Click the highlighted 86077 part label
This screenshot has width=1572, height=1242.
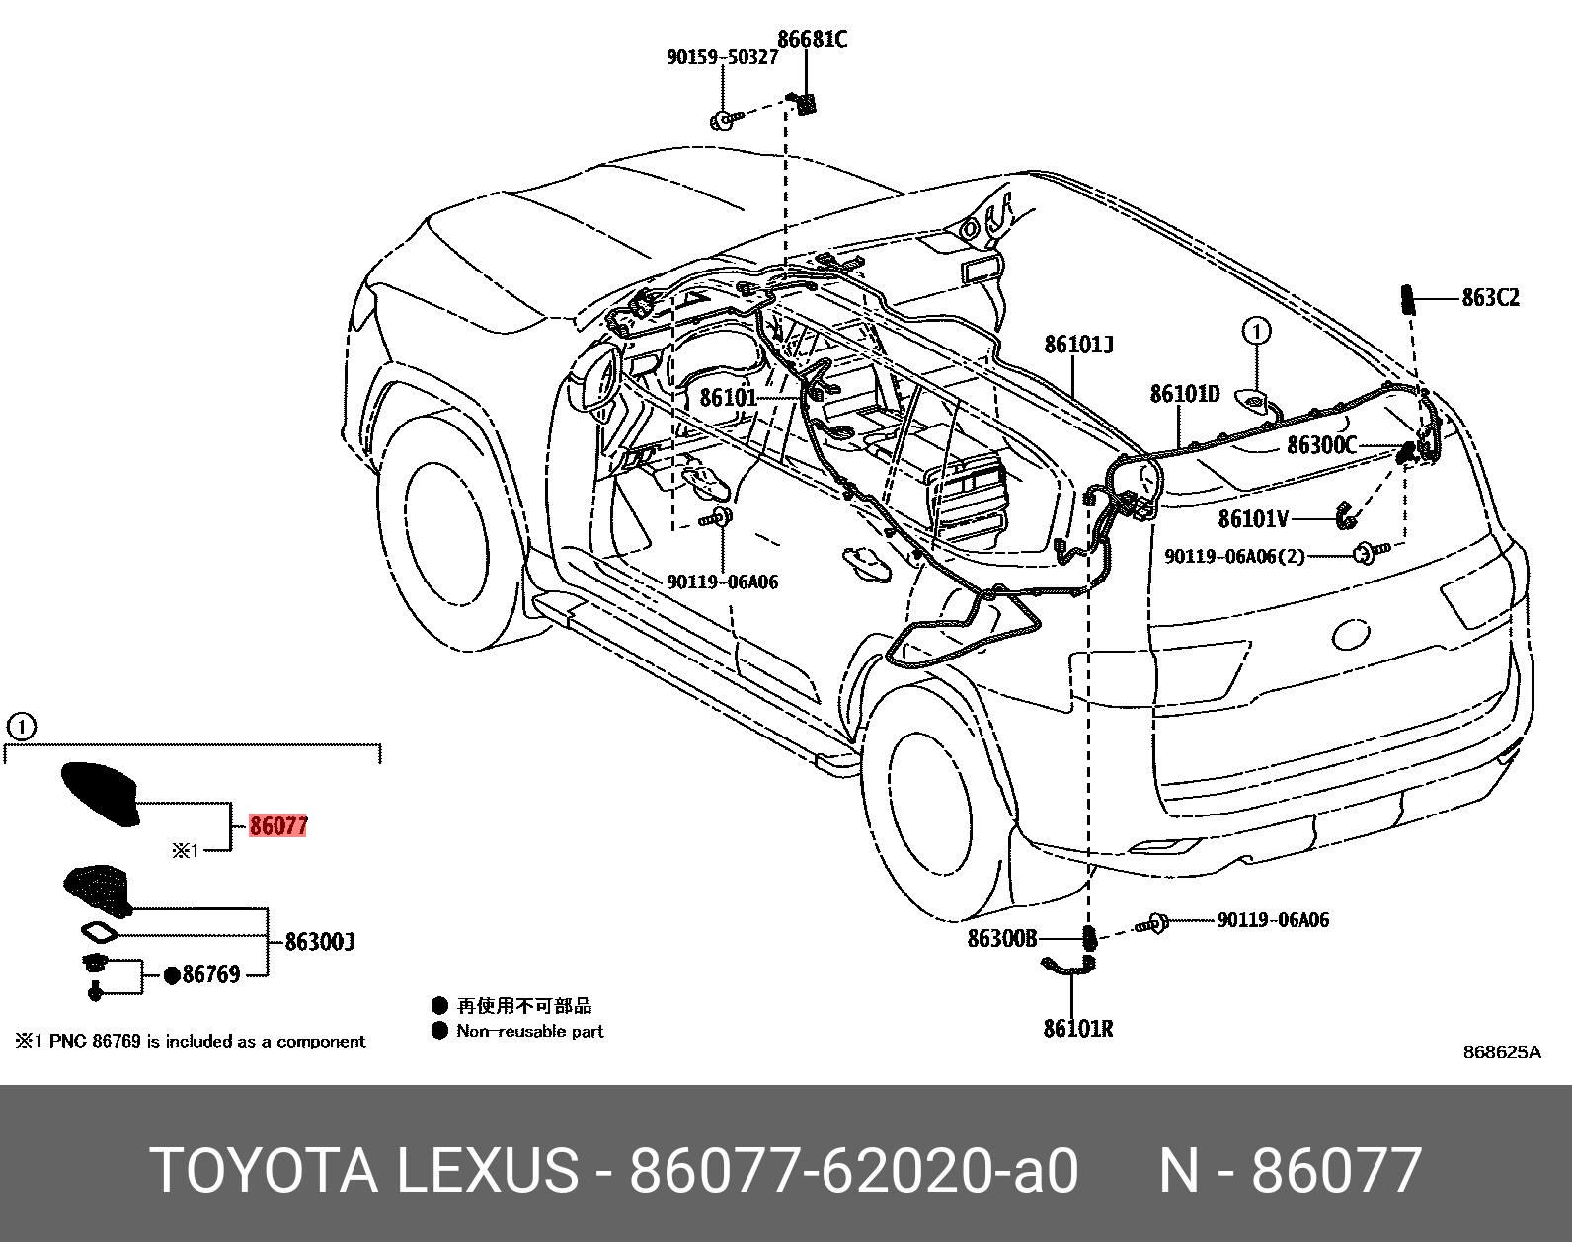click(x=278, y=825)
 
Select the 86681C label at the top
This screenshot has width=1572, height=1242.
click(x=812, y=39)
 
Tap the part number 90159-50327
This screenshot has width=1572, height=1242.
click(x=722, y=57)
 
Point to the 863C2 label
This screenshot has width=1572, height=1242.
click(x=1490, y=297)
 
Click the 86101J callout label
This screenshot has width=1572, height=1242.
click(x=1078, y=345)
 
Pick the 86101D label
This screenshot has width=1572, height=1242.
click(x=1184, y=394)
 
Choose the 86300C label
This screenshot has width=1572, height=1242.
click(x=1321, y=445)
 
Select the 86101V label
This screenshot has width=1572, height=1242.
click(x=1252, y=518)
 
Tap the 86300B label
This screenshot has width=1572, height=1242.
click(x=1001, y=938)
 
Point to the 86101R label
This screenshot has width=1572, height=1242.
click(x=1077, y=1028)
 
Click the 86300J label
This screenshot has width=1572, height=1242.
click(x=319, y=942)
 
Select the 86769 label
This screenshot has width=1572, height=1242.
click(x=210, y=975)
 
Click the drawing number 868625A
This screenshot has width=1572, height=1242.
click(x=1501, y=1052)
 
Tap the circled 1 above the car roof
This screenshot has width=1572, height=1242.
click(x=1256, y=330)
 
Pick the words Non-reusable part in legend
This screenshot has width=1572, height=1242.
click(x=529, y=1031)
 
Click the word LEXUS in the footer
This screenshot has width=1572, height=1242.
click(x=486, y=1171)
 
